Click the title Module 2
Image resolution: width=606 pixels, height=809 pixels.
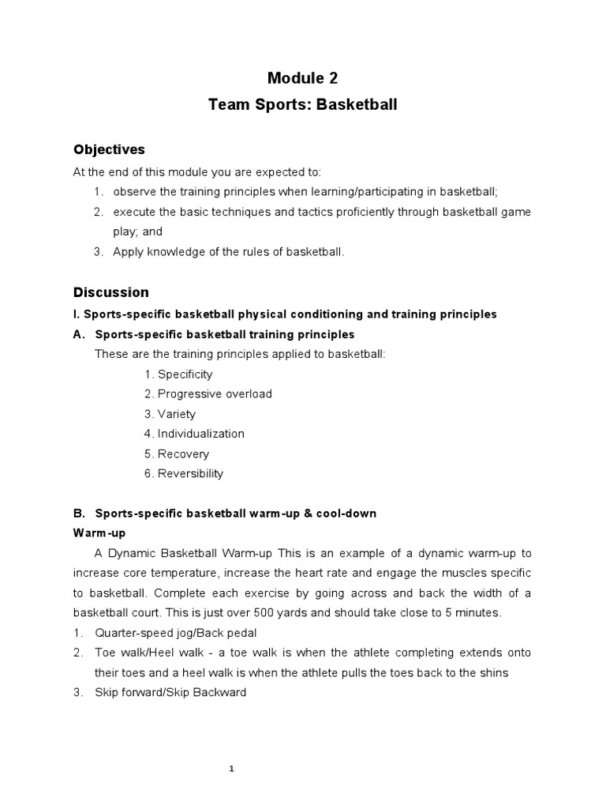303,77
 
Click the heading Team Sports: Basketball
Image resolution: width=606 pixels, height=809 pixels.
302,104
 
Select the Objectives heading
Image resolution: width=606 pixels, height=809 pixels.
109,149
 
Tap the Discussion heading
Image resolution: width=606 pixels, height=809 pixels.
110,292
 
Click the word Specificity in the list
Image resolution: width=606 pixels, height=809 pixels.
185,374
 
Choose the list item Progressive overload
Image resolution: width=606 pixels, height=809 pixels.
214,394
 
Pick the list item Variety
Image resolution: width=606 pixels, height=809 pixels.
176,414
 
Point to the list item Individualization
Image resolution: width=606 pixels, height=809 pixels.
200,434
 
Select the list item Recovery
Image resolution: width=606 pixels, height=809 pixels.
183,454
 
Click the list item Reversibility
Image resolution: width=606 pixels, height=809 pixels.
190,474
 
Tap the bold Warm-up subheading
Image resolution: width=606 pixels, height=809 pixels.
99,533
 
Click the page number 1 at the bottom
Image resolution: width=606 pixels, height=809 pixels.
232,747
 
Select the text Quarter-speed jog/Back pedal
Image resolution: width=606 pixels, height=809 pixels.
175,633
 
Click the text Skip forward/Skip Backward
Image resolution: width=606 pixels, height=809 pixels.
170,693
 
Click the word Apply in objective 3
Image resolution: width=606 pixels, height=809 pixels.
128,252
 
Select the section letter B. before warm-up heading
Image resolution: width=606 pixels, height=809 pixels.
79,514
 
